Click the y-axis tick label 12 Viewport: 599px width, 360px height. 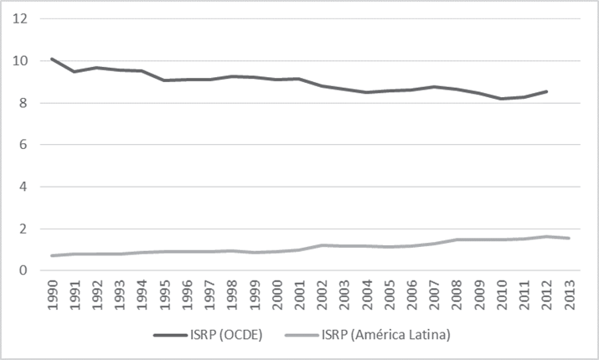(21, 19)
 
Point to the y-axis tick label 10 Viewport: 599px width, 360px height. (21, 61)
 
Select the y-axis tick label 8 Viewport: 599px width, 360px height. (24, 103)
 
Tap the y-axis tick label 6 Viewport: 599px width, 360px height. (24, 145)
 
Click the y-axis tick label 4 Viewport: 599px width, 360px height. (24, 187)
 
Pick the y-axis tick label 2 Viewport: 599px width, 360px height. (24, 229)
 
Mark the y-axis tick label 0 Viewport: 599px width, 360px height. (24, 270)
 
